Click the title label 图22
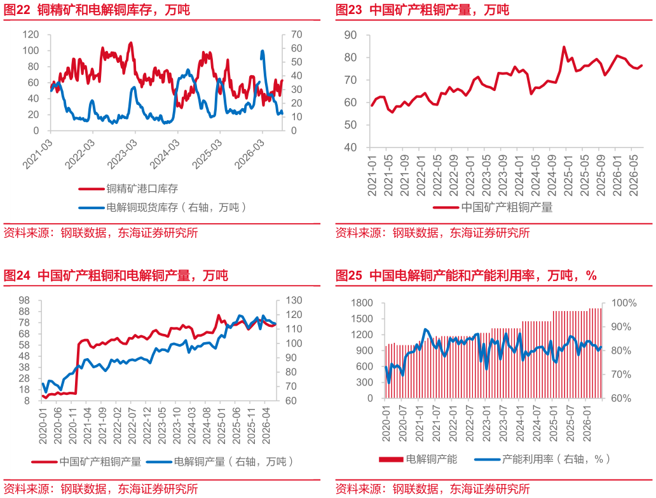click(17, 10)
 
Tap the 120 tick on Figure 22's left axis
click(31, 35)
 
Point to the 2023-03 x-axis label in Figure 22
click(122, 155)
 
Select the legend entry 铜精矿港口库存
click(142, 189)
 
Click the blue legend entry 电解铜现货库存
click(142, 207)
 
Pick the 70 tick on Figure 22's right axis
click(297, 35)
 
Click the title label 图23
click(349, 10)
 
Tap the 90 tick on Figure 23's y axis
click(350, 35)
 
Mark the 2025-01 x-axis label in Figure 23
click(567, 176)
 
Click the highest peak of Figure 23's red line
click(564, 47)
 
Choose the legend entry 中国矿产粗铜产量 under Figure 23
click(507, 207)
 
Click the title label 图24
click(17, 275)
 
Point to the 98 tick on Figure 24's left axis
click(24, 300)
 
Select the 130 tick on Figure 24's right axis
click(294, 300)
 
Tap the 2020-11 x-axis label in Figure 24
click(73, 425)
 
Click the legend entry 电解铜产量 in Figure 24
click(199, 462)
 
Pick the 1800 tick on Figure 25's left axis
click(362, 303)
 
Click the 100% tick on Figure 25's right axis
click(624, 303)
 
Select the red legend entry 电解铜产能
click(432, 459)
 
